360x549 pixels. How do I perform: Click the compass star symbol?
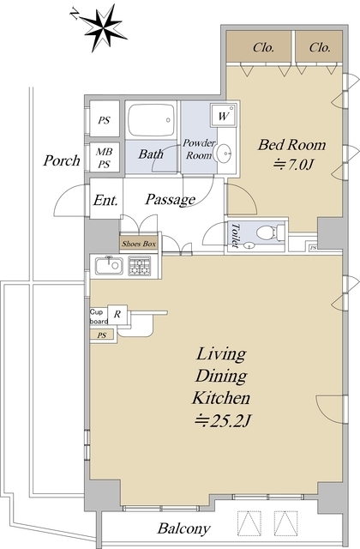click(101, 28)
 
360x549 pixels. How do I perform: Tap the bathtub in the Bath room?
click(151, 120)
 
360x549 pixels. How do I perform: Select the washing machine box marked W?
click(223, 115)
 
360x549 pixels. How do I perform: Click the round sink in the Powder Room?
click(224, 154)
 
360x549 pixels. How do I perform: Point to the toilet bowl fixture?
click(271, 232)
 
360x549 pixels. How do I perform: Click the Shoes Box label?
click(139, 244)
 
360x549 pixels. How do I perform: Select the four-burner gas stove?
click(140, 267)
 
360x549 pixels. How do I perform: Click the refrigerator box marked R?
click(117, 314)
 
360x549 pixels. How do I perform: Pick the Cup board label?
click(99, 317)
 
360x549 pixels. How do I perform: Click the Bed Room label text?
click(291, 145)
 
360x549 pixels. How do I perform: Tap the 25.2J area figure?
click(223, 421)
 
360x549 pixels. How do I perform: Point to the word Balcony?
click(183, 528)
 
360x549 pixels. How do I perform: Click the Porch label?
click(62, 160)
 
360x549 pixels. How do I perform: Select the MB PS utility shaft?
click(105, 157)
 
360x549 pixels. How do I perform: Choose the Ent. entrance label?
click(105, 200)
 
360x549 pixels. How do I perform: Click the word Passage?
click(171, 200)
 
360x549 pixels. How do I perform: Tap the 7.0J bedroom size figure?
click(292, 164)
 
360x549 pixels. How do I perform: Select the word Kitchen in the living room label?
click(221, 398)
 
